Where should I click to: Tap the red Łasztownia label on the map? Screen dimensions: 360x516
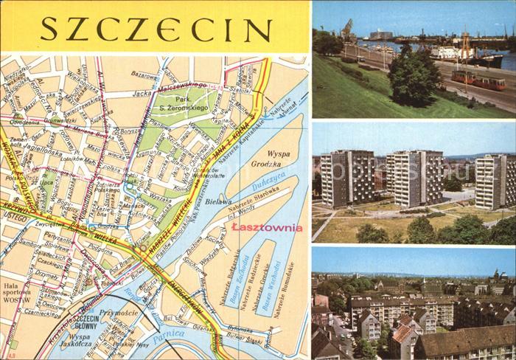pos(266,228)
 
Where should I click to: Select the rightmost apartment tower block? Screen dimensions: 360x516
pos(495,181)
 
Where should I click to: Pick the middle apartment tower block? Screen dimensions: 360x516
pos(414,177)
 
